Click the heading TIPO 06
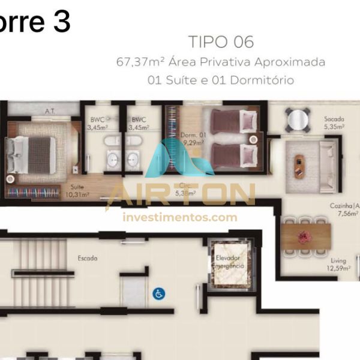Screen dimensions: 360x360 (221, 42)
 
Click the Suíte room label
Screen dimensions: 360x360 (77, 187)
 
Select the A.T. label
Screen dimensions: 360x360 (50, 111)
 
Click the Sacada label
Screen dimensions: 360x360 (334, 119)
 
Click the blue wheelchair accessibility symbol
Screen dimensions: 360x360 (159, 294)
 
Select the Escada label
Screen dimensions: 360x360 (88, 258)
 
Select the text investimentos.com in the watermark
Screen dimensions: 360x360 (180, 217)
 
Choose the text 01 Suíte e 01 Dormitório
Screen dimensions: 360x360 (221, 80)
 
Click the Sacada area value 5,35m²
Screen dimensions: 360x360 (334, 127)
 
